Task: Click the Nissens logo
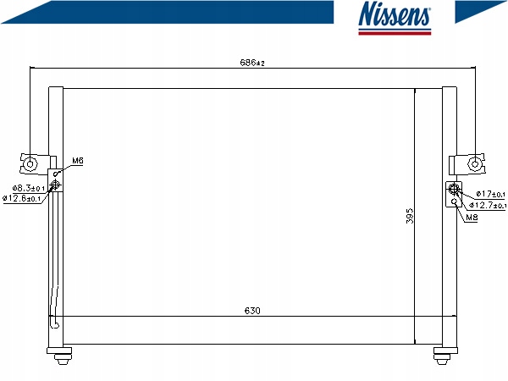tap(395, 18)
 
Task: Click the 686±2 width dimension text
tap(252, 62)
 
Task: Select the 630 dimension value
tap(252, 311)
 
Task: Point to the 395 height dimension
tap(410, 216)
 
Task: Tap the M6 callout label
tap(78, 160)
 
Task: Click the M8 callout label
tap(472, 217)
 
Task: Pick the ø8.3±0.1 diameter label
tap(29, 188)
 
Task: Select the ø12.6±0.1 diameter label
tap(22, 198)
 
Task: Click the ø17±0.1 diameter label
tap(490, 194)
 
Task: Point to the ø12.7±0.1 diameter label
tap(488, 205)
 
